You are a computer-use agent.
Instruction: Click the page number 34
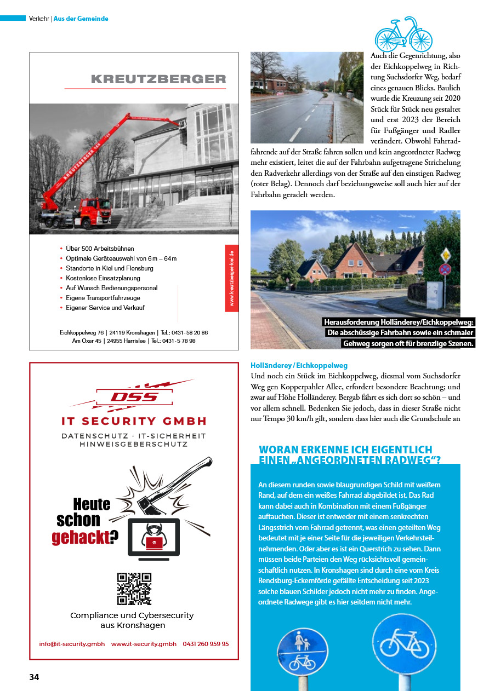(x=34, y=677)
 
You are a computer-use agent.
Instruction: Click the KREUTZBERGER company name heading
(x=158, y=79)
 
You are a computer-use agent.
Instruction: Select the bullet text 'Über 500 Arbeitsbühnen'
(x=100, y=249)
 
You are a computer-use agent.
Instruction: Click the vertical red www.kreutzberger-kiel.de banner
(x=231, y=278)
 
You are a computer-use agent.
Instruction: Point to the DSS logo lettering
(x=134, y=397)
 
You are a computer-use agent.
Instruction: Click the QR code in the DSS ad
(x=134, y=589)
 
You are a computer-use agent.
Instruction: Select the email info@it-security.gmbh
(x=72, y=644)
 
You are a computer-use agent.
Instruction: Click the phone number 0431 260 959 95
(x=206, y=644)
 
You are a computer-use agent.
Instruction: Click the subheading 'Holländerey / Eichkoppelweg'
(x=299, y=365)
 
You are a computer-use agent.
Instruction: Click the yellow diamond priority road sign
(x=446, y=255)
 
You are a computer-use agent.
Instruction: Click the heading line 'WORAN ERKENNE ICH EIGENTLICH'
(x=345, y=450)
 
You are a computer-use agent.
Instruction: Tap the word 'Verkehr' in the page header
(x=39, y=19)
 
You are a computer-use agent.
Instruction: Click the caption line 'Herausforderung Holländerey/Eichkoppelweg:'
(x=399, y=322)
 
